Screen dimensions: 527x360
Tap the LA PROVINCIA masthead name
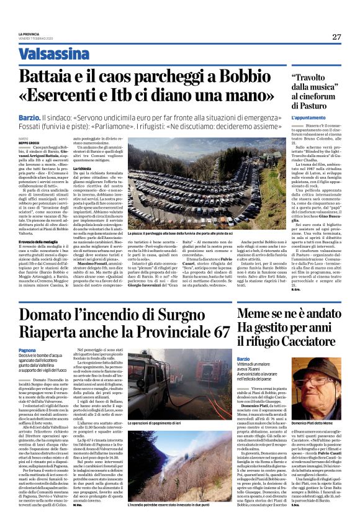pos(28,34)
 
